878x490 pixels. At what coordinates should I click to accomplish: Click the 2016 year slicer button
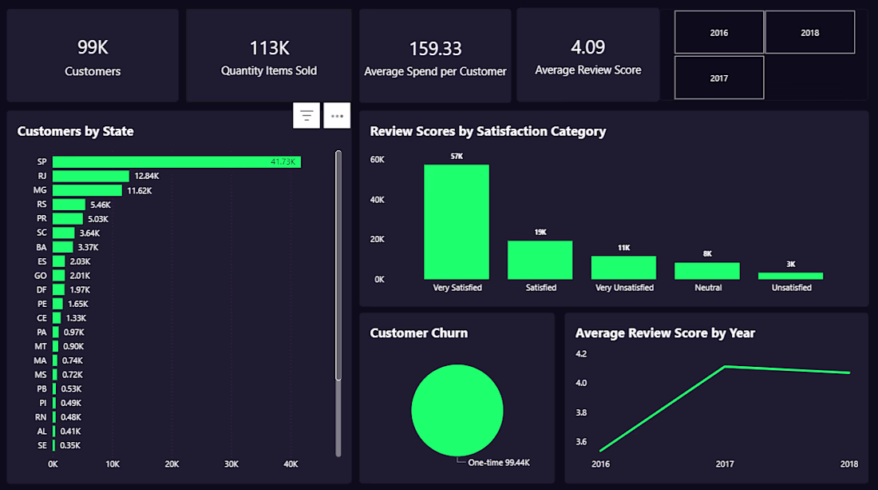pos(719,33)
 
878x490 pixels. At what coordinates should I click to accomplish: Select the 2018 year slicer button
pos(809,33)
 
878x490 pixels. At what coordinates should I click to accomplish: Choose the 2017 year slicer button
pos(719,78)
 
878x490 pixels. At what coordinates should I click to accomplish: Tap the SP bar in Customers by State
pos(176,162)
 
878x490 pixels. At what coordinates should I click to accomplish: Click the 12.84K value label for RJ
pos(147,176)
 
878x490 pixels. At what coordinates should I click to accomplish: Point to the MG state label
pos(40,190)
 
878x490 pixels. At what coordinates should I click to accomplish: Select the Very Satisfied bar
pos(457,222)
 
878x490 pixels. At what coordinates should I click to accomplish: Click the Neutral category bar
pos(707,271)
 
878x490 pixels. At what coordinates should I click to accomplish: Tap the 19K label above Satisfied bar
pos(540,232)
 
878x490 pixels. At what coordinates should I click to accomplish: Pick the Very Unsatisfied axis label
pos(624,288)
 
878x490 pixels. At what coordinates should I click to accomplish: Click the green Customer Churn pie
pos(457,410)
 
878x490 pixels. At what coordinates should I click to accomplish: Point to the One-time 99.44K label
pos(499,463)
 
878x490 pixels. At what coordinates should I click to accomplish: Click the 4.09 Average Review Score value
pos(588,47)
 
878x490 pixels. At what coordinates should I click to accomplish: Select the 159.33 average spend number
pos(435,49)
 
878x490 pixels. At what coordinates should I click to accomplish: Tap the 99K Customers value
pos(93,48)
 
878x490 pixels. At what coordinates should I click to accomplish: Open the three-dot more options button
pos(337,115)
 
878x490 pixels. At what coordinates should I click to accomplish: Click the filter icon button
pos(307,115)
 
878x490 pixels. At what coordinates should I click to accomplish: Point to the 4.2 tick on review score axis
pos(581,354)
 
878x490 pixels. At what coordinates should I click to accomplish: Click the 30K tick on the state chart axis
pos(231,464)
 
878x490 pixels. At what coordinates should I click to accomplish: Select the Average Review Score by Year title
pos(665,333)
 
